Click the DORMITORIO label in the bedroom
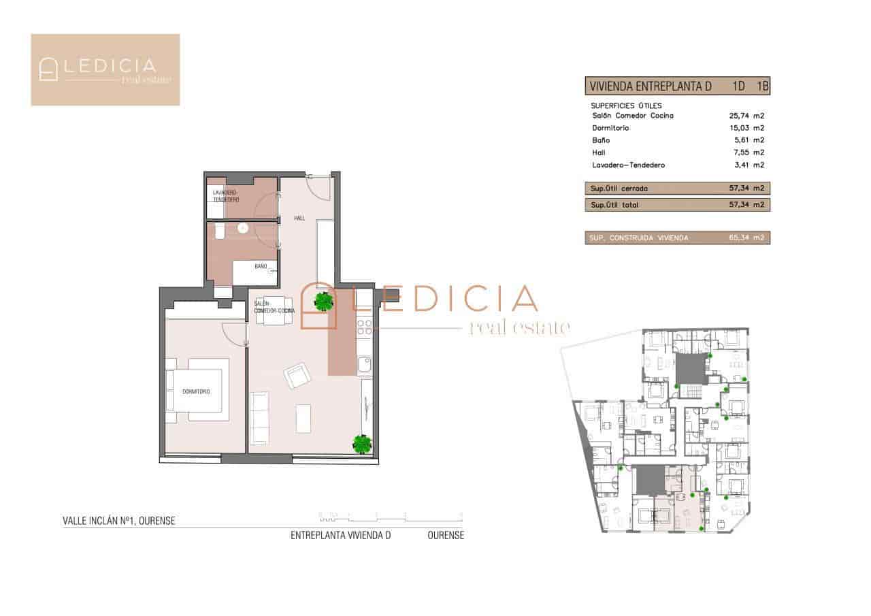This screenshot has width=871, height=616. click(x=195, y=392)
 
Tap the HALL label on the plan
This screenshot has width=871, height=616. click(x=299, y=218)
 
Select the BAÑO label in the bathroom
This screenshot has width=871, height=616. click(x=261, y=266)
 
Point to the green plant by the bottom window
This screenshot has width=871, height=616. click(x=362, y=444)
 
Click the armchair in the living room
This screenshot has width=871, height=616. click(x=297, y=375)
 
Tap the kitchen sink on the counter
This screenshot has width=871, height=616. click(x=365, y=366)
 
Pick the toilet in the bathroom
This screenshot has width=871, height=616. click(x=218, y=232)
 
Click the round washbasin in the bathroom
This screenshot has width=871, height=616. click(x=242, y=228)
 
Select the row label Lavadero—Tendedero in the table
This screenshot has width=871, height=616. click(x=628, y=165)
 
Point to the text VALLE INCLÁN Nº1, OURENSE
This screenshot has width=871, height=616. click(x=119, y=521)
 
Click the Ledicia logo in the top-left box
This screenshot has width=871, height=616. click(x=105, y=69)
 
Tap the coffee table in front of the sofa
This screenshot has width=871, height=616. click(x=303, y=418)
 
